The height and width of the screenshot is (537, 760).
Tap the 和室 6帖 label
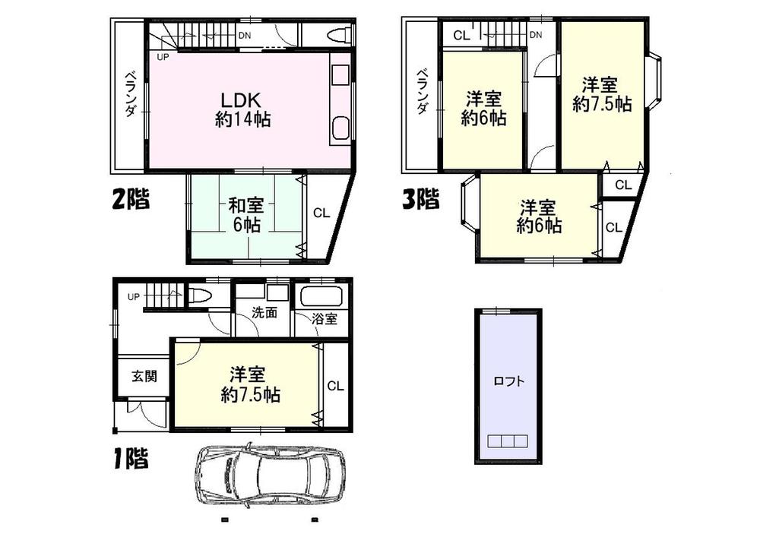244,214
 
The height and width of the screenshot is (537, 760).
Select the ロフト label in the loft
509,382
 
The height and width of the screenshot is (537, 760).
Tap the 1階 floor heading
130,458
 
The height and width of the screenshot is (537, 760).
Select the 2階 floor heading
131,200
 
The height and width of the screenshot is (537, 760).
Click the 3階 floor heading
420,200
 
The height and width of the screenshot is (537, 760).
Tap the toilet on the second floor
339,35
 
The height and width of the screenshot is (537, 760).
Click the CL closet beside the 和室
321,214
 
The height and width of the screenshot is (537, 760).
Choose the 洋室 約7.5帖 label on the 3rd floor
601,94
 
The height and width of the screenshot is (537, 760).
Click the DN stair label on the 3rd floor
535,35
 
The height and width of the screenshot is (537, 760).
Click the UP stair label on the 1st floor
133,296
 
